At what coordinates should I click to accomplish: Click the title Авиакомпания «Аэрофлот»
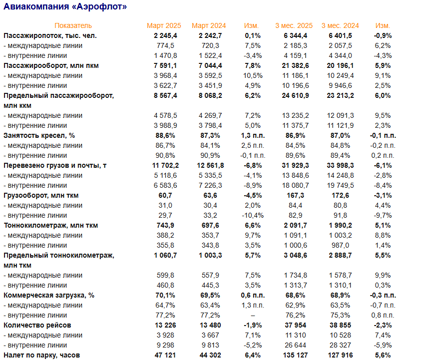pos(65,7)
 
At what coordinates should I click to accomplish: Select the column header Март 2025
pos(164,25)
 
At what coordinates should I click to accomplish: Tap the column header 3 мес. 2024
pos(340,25)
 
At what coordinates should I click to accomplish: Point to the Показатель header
pos(73,25)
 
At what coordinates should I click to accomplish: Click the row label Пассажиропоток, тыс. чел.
pos(50,35)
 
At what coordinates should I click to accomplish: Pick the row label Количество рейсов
pos(37,325)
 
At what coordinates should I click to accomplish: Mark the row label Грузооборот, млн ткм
pos(41,195)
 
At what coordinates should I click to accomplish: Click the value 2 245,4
pos(166,35)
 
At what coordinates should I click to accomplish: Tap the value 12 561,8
pos(211,165)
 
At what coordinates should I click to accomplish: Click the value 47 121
pos(167,355)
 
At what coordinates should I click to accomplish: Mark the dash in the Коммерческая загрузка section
pos(253,315)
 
